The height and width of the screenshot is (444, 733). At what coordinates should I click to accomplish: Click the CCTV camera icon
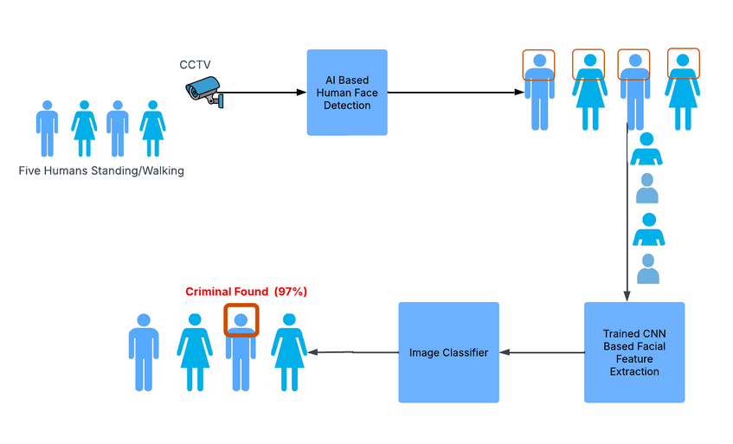(x=205, y=90)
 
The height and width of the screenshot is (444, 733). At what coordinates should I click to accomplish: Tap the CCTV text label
(x=195, y=65)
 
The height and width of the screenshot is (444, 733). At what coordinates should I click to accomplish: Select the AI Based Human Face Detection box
(x=347, y=93)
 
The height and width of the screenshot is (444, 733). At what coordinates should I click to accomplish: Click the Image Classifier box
(x=448, y=352)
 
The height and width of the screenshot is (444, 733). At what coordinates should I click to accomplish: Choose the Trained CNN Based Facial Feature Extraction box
(x=634, y=352)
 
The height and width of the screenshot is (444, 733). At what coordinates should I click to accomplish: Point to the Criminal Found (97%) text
(x=247, y=292)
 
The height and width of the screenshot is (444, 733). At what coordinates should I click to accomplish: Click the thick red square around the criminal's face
(x=241, y=320)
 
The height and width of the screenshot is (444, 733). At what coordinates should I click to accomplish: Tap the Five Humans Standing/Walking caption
(x=101, y=171)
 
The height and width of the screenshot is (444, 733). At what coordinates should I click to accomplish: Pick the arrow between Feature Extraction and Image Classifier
(x=542, y=352)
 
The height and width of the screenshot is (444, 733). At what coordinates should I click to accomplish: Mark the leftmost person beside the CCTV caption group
(x=47, y=129)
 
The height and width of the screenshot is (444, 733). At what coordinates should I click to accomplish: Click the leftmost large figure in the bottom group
(x=144, y=352)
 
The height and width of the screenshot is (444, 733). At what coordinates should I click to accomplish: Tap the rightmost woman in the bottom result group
(x=289, y=352)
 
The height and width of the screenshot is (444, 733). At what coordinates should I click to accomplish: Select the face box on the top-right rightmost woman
(x=682, y=63)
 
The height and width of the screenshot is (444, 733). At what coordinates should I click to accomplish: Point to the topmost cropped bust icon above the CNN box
(x=646, y=149)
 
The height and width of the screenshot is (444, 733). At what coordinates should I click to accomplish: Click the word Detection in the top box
(x=347, y=106)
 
